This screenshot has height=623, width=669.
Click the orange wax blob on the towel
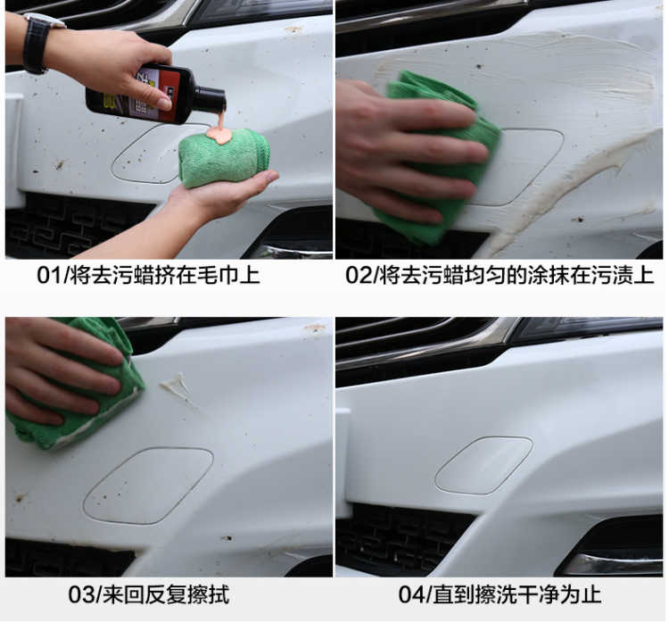[x=219, y=136]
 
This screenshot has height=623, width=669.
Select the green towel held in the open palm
[x=223, y=158]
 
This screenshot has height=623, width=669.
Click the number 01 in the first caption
[x=49, y=276]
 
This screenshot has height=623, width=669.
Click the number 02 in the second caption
[x=359, y=276]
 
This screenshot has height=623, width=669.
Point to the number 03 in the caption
[x=81, y=594]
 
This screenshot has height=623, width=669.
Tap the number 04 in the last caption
[x=411, y=594]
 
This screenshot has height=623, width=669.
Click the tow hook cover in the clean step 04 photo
[x=483, y=465]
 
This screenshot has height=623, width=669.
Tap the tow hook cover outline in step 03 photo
[x=148, y=486]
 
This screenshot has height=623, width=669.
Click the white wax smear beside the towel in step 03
[x=178, y=386]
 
